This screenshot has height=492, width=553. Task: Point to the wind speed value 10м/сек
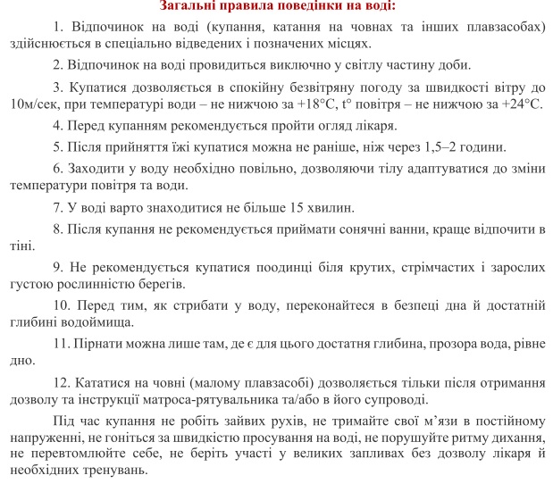27,105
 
